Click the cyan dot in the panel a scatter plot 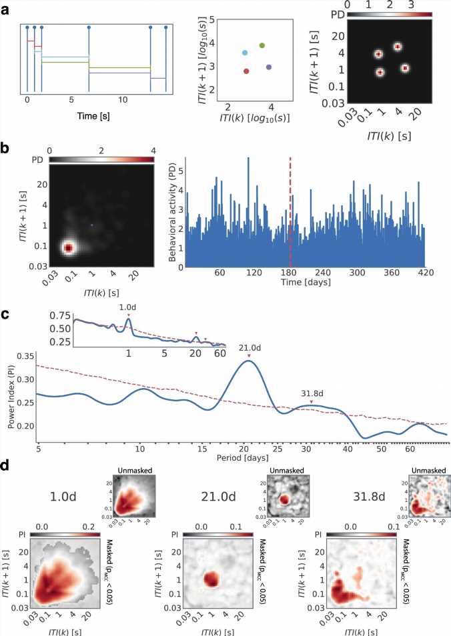244,52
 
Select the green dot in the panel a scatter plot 262,45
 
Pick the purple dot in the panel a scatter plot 269,67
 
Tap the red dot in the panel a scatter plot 246,71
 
